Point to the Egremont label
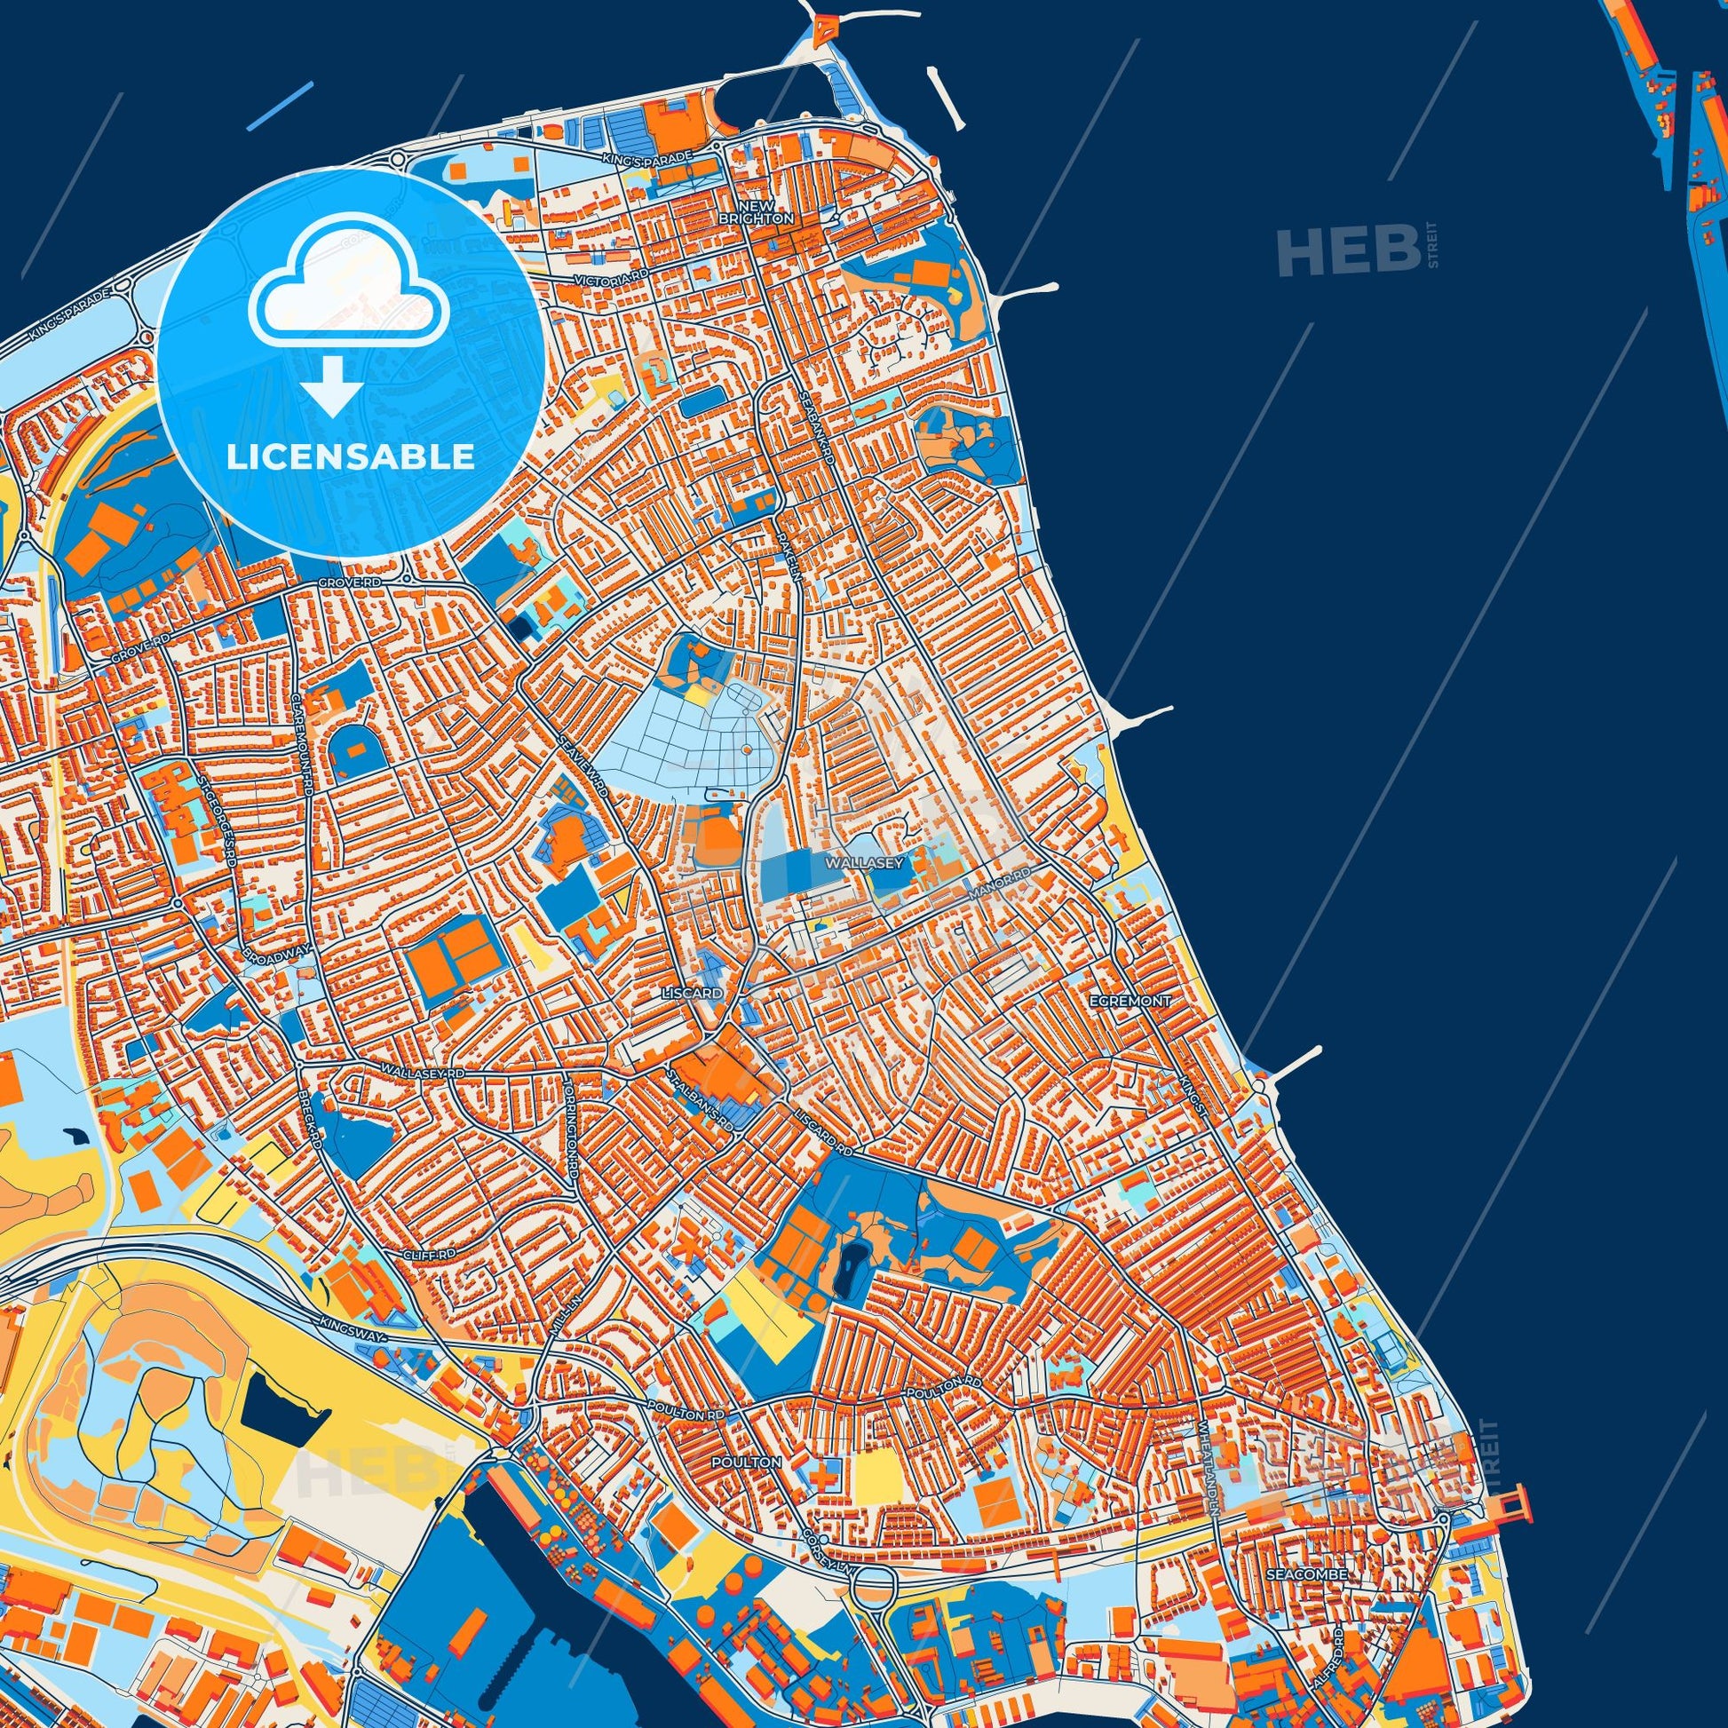(x=1130, y=1002)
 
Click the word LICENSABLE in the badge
(x=350, y=456)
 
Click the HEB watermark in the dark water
(x=1347, y=250)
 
